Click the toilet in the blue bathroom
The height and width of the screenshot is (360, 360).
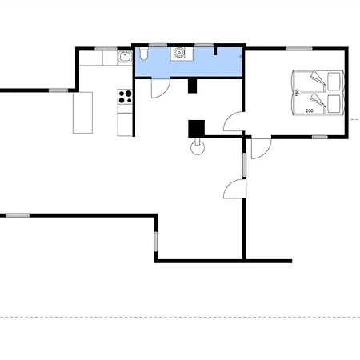(x=143, y=54)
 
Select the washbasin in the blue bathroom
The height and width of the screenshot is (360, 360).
(x=178, y=53)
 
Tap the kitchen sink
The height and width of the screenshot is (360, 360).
(x=125, y=57)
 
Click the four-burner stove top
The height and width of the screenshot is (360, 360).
(x=125, y=97)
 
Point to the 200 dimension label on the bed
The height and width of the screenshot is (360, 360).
(x=310, y=110)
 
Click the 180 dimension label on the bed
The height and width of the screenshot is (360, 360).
(x=297, y=92)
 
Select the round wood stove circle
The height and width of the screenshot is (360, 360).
(x=198, y=148)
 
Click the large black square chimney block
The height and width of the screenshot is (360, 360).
(x=197, y=129)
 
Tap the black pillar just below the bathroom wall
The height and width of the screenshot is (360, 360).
(x=192, y=86)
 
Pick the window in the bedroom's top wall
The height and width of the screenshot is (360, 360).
(x=299, y=49)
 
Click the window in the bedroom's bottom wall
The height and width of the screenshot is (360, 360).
(x=320, y=137)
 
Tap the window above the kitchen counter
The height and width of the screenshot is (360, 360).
(x=106, y=49)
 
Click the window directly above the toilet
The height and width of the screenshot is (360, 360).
(x=158, y=45)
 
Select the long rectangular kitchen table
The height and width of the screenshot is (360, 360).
(x=83, y=113)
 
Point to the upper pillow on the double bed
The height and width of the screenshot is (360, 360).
(x=334, y=82)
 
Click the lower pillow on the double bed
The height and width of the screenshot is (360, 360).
(x=334, y=104)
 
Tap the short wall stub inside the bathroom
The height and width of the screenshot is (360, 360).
(x=215, y=51)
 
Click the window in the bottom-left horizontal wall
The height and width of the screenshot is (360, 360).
(x=18, y=215)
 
